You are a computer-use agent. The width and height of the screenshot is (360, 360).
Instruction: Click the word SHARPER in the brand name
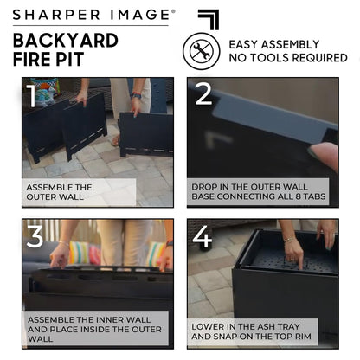(56, 15)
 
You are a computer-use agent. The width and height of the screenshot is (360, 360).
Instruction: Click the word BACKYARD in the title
(66, 41)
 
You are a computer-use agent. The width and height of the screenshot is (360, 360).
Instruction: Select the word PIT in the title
(70, 59)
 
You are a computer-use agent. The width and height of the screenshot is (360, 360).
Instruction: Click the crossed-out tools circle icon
(201, 51)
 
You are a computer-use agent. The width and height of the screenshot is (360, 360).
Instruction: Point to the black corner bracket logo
(209, 20)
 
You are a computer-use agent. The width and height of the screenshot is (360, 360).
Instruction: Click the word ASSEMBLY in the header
(291, 45)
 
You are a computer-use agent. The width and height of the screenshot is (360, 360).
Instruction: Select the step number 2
(203, 93)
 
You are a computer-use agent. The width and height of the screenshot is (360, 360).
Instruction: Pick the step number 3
(35, 236)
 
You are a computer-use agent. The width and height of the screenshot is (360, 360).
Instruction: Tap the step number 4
(202, 236)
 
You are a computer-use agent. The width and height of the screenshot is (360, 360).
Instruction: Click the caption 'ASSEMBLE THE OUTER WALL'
(59, 192)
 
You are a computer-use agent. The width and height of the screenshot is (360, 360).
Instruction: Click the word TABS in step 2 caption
(314, 196)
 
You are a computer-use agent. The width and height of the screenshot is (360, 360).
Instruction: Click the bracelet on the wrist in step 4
(289, 240)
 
